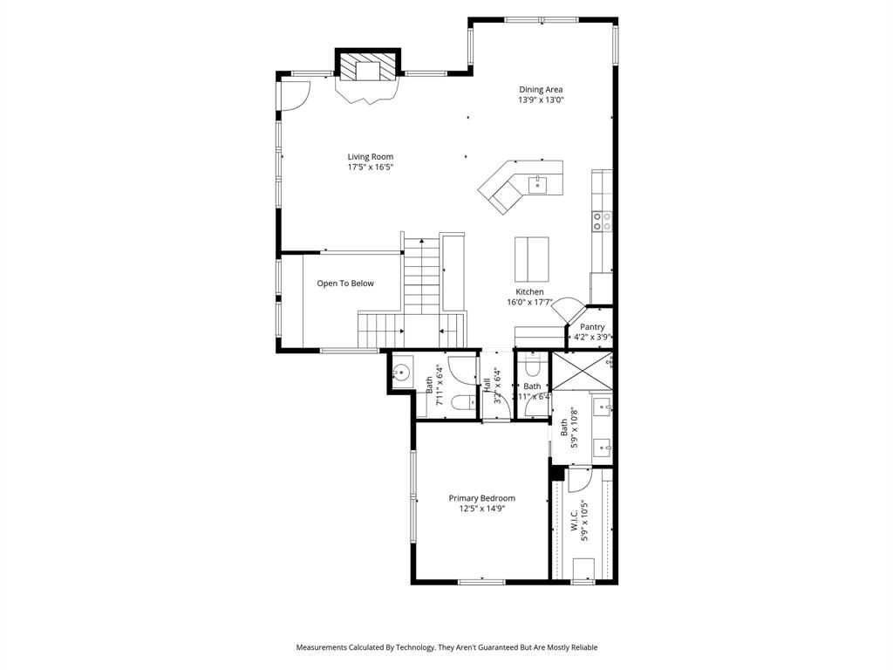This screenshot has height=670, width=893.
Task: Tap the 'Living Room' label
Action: [x=370, y=157]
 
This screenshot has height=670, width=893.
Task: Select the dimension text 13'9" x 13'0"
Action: [x=541, y=100]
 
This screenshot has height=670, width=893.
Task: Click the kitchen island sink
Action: [x=536, y=183]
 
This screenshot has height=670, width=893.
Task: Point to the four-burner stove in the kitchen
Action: [x=602, y=221]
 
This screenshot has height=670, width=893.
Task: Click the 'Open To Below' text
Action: [x=344, y=284]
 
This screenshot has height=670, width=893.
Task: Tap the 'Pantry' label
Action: [x=592, y=327]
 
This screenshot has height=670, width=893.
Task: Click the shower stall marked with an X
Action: [x=583, y=373]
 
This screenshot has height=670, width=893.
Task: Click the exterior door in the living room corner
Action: [x=293, y=96]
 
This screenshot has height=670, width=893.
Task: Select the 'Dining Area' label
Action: [x=541, y=89]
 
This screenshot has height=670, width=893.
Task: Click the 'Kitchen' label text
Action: [x=529, y=292]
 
